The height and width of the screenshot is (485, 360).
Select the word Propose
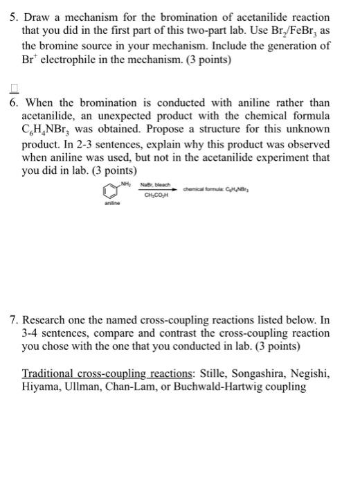tap(192, 130)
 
